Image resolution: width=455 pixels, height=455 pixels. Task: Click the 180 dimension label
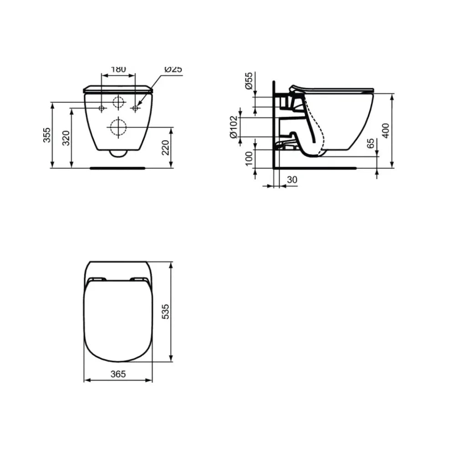pos(118,69)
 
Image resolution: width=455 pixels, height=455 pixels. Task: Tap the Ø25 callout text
pos(173,69)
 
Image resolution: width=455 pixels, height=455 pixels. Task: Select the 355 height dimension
pos(47,135)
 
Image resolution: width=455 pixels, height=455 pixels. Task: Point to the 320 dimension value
pos(66,138)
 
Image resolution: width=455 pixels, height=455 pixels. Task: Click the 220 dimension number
pos(165,148)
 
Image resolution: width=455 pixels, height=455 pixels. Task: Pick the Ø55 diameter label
pos(249,81)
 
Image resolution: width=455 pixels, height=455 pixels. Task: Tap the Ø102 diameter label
pos(233,127)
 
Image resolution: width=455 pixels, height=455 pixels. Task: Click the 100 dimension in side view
pos(249,159)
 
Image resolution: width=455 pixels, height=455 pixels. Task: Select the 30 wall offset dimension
pos(292,180)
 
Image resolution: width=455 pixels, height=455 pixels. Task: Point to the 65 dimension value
pos(370,143)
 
